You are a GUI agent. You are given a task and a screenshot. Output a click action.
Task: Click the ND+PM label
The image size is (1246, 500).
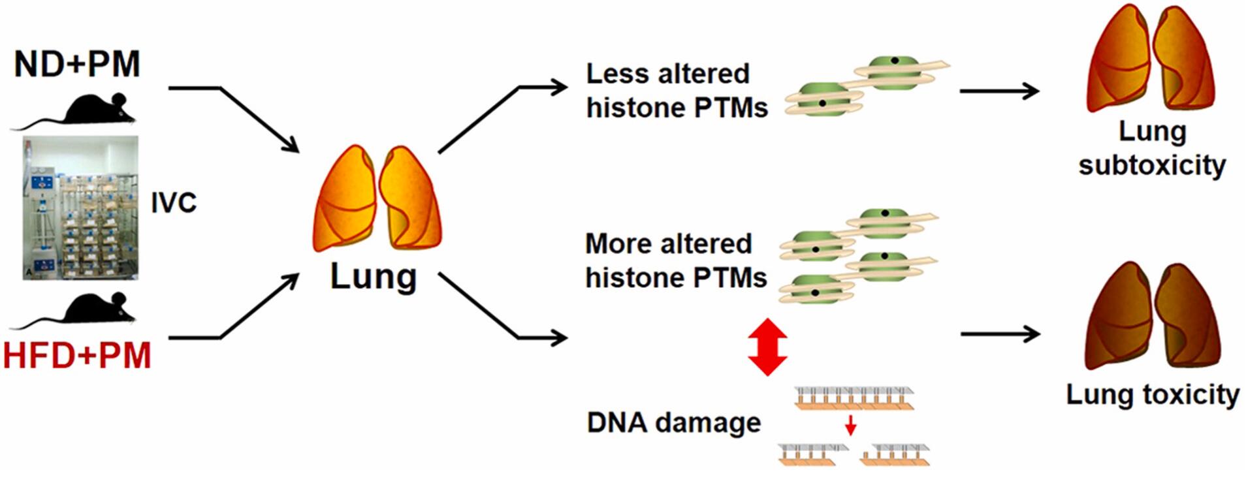(x=77, y=64)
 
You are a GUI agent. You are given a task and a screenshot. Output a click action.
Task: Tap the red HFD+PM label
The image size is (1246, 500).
(x=77, y=356)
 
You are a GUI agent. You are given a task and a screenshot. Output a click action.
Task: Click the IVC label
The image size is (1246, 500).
(x=174, y=203)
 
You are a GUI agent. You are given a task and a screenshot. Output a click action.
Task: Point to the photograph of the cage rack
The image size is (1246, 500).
(x=80, y=208)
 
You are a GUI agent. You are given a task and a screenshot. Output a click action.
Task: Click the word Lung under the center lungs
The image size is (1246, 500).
(x=373, y=276)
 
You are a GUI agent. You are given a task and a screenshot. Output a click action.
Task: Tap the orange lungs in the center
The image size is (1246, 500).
(x=377, y=198)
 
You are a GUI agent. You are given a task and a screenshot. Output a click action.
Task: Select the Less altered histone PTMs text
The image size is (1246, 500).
(x=676, y=91)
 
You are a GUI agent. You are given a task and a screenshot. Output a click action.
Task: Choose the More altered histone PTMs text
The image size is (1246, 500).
(x=675, y=260)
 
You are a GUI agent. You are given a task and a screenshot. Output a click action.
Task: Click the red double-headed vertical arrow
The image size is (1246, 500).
(x=767, y=347)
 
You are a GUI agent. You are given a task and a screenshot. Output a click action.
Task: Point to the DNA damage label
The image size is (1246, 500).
(x=673, y=422)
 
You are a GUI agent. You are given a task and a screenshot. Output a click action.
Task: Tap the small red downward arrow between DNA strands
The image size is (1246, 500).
(x=850, y=426)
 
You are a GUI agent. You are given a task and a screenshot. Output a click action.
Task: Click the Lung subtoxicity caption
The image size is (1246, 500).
(x=1152, y=148)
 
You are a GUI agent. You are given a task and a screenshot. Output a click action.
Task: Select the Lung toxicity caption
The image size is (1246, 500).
(x=1152, y=394)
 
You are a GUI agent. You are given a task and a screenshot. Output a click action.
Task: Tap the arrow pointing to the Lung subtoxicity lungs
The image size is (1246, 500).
(x=999, y=91)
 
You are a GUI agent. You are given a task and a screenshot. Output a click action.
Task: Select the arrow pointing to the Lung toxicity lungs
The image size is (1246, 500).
(x=1000, y=334)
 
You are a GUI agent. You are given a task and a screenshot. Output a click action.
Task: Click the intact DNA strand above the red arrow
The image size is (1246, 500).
(x=854, y=398)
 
